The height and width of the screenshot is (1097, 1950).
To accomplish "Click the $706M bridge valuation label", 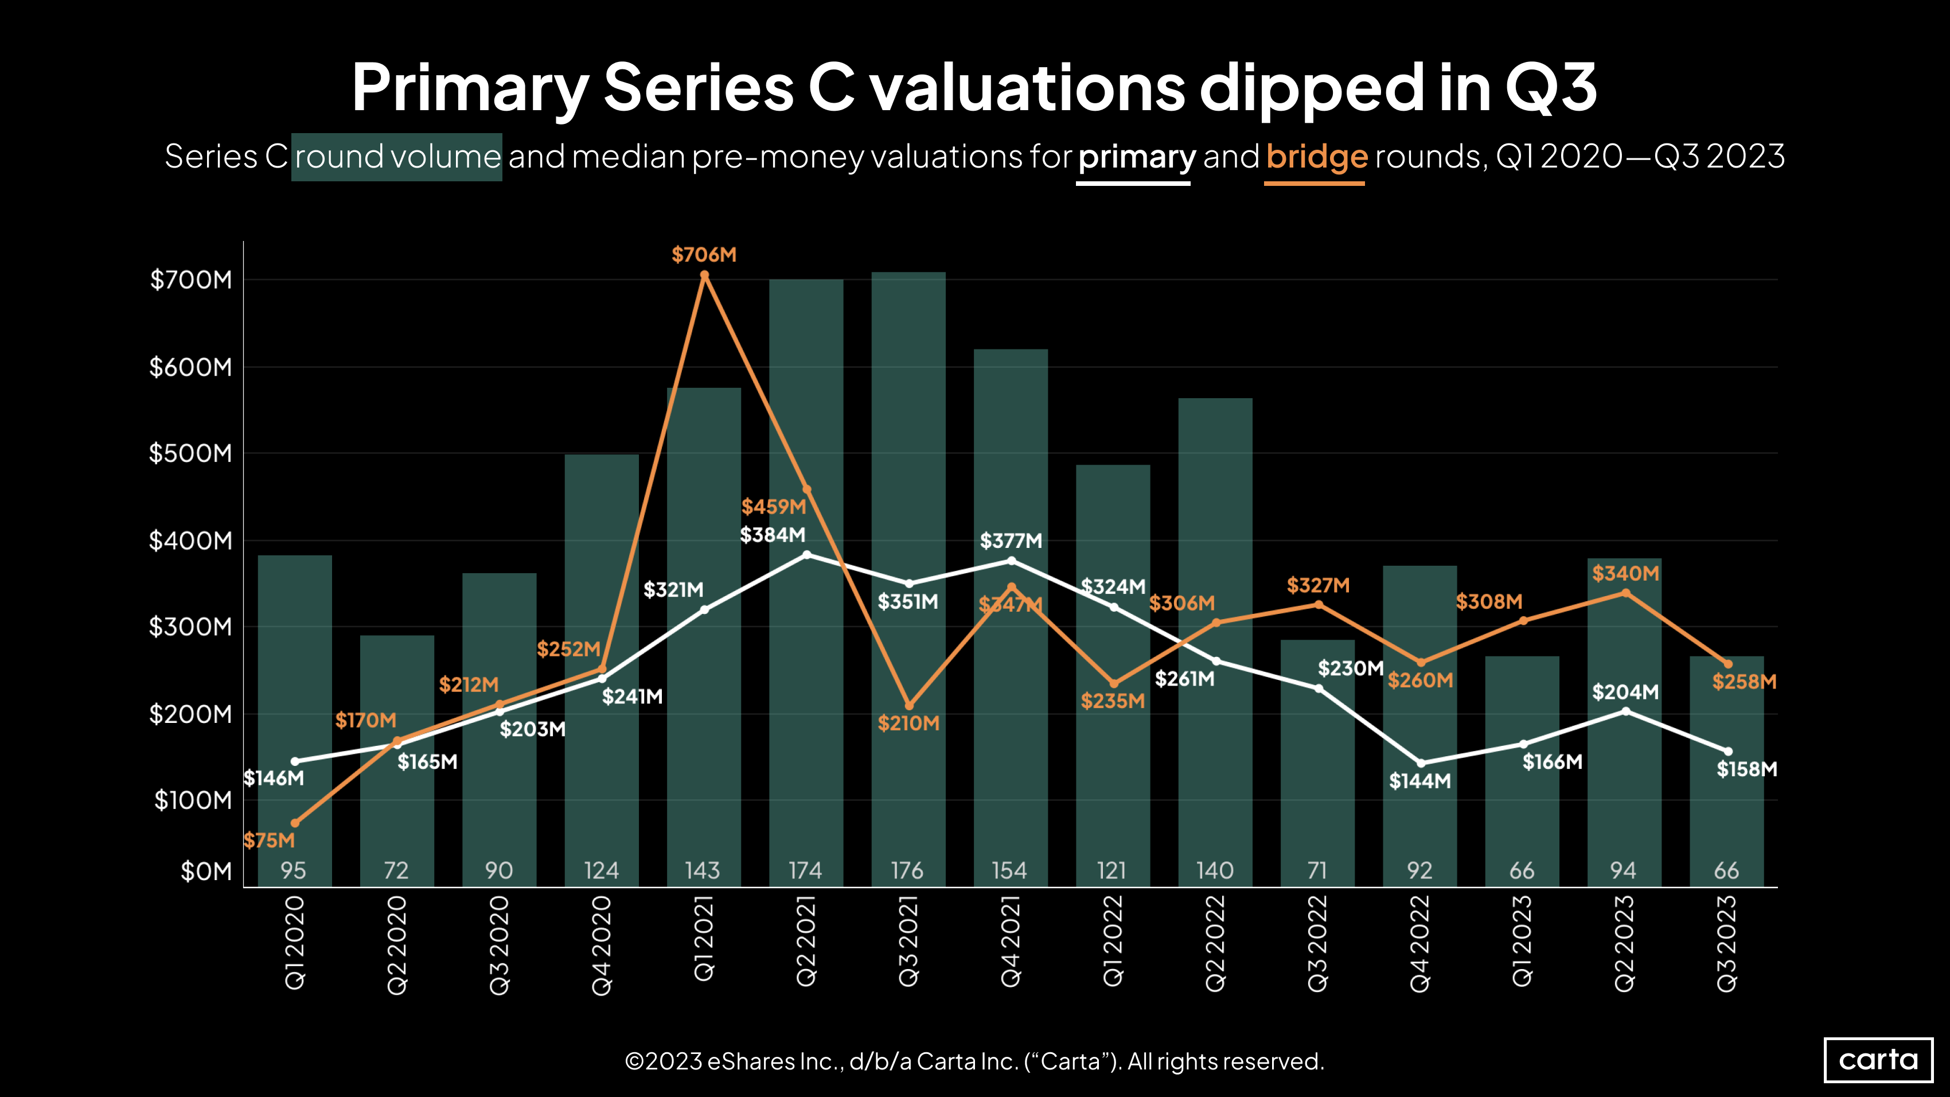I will pos(703,254).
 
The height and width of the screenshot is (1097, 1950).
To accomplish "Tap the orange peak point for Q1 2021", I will pos(704,275).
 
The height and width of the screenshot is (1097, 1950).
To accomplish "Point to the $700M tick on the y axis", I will pos(191,279).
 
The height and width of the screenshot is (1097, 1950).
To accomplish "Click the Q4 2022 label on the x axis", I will pos(1420,943).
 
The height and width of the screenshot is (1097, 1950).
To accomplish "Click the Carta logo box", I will pos(1878,1059).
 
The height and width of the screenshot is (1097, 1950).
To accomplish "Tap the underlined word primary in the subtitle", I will pos(1136,157).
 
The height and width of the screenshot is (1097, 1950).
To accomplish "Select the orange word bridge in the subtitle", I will pos(1316,157).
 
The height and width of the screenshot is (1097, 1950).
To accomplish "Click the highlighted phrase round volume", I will pos(397,157).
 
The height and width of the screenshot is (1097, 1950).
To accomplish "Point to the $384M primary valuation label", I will pos(772,535).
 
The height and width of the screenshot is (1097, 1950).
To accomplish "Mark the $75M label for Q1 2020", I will pos(269,841).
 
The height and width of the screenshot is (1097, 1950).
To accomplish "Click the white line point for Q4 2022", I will pos(1420,763).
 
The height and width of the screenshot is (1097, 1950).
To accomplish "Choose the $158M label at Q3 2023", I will pos(1746,769).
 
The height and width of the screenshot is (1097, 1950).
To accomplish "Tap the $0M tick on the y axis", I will pos(206,872).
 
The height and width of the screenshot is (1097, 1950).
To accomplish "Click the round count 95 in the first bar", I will pos(293,870).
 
